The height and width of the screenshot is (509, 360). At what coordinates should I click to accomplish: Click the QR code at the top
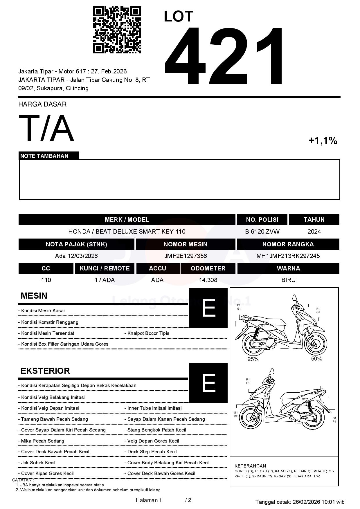click(x=117, y=30)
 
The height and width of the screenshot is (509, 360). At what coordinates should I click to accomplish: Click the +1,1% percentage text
click(x=323, y=141)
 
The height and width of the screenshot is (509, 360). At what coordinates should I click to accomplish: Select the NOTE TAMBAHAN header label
click(x=44, y=156)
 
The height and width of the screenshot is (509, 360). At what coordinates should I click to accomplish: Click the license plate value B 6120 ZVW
click(x=262, y=232)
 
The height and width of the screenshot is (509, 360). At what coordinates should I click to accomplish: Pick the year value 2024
click(x=314, y=232)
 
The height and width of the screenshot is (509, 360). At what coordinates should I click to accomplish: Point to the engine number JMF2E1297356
click(x=186, y=256)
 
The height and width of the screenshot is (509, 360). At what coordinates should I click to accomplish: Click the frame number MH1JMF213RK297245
click(x=288, y=256)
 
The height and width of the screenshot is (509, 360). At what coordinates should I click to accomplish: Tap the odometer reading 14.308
click(x=208, y=280)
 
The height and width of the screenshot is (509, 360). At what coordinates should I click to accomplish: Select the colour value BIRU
click(x=288, y=280)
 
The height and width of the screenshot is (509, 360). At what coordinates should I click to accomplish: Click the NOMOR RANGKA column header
click(x=288, y=244)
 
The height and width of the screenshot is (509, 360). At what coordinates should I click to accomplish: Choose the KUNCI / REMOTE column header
click(x=105, y=268)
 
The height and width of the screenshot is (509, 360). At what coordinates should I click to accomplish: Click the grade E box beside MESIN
click(x=208, y=308)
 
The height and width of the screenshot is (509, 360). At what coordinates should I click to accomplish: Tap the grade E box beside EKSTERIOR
click(x=208, y=383)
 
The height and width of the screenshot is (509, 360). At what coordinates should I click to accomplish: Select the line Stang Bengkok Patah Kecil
click(x=156, y=430)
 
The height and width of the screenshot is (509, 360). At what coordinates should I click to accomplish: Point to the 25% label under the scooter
click(x=253, y=359)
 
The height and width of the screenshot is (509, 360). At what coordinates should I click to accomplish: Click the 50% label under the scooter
click(x=316, y=359)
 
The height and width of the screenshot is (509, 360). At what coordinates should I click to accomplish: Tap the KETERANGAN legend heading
click(x=250, y=466)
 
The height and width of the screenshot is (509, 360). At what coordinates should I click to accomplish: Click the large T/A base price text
click(x=46, y=128)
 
